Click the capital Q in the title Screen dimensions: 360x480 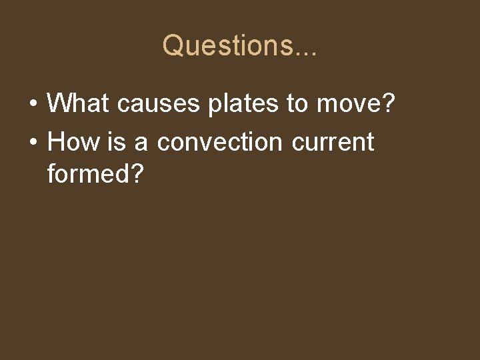point(173,45)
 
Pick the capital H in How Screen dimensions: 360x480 point(57,142)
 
